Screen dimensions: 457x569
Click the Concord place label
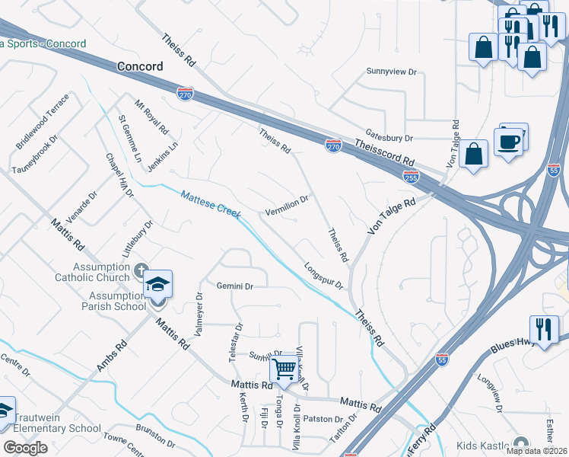click(x=140, y=66)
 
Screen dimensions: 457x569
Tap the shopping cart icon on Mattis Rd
click(x=284, y=370)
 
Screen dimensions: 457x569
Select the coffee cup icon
click(x=507, y=141)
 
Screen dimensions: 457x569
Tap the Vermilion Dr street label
click(x=286, y=205)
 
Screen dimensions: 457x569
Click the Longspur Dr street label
click(x=323, y=276)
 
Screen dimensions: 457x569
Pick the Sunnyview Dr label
click(x=393, y=72)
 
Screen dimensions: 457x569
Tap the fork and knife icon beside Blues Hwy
click(x=543, y=329)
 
